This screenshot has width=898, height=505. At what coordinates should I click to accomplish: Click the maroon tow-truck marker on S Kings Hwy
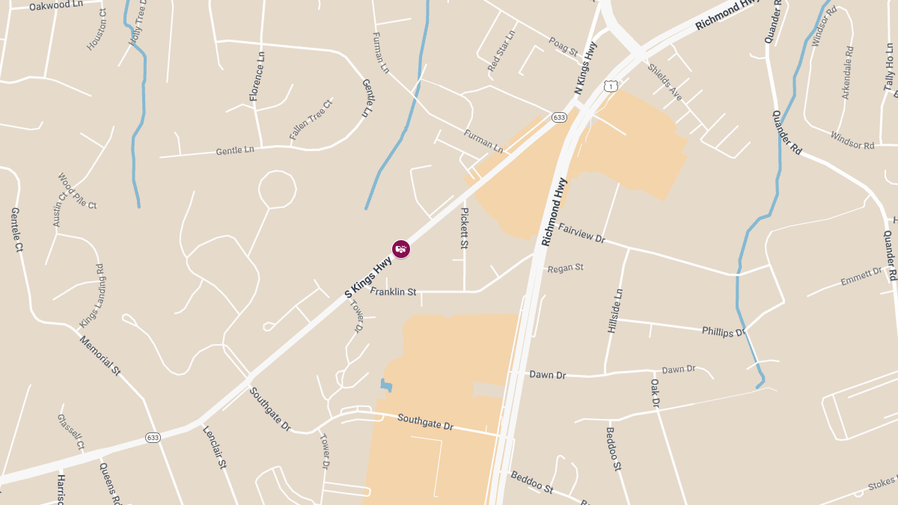(x=401, y=249)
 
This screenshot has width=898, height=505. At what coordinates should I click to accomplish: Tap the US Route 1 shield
(x=612, y=86)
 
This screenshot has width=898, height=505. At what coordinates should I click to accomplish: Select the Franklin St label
(x=392, y=292)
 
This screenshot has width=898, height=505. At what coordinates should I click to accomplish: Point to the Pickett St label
(x=464, y=228)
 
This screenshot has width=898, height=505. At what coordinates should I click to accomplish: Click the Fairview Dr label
(x=581, y=233)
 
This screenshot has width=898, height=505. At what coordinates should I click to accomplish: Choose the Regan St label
(x=565, y=267)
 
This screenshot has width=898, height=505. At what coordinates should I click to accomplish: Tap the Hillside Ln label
(x=616, y=310)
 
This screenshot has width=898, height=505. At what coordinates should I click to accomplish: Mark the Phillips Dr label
(x=724, y=331)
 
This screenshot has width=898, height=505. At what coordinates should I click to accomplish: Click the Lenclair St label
(x=214, y=447)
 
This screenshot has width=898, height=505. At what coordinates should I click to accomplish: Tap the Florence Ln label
(x=257, y=76)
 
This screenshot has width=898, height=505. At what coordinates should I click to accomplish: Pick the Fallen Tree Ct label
(x=311, y=120)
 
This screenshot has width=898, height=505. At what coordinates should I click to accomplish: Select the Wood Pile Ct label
(x=77, y=191)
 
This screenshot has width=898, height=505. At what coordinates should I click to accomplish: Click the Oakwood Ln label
(x=56, y=5)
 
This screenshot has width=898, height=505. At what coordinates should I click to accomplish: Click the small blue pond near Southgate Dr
(x=386, y=385)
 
